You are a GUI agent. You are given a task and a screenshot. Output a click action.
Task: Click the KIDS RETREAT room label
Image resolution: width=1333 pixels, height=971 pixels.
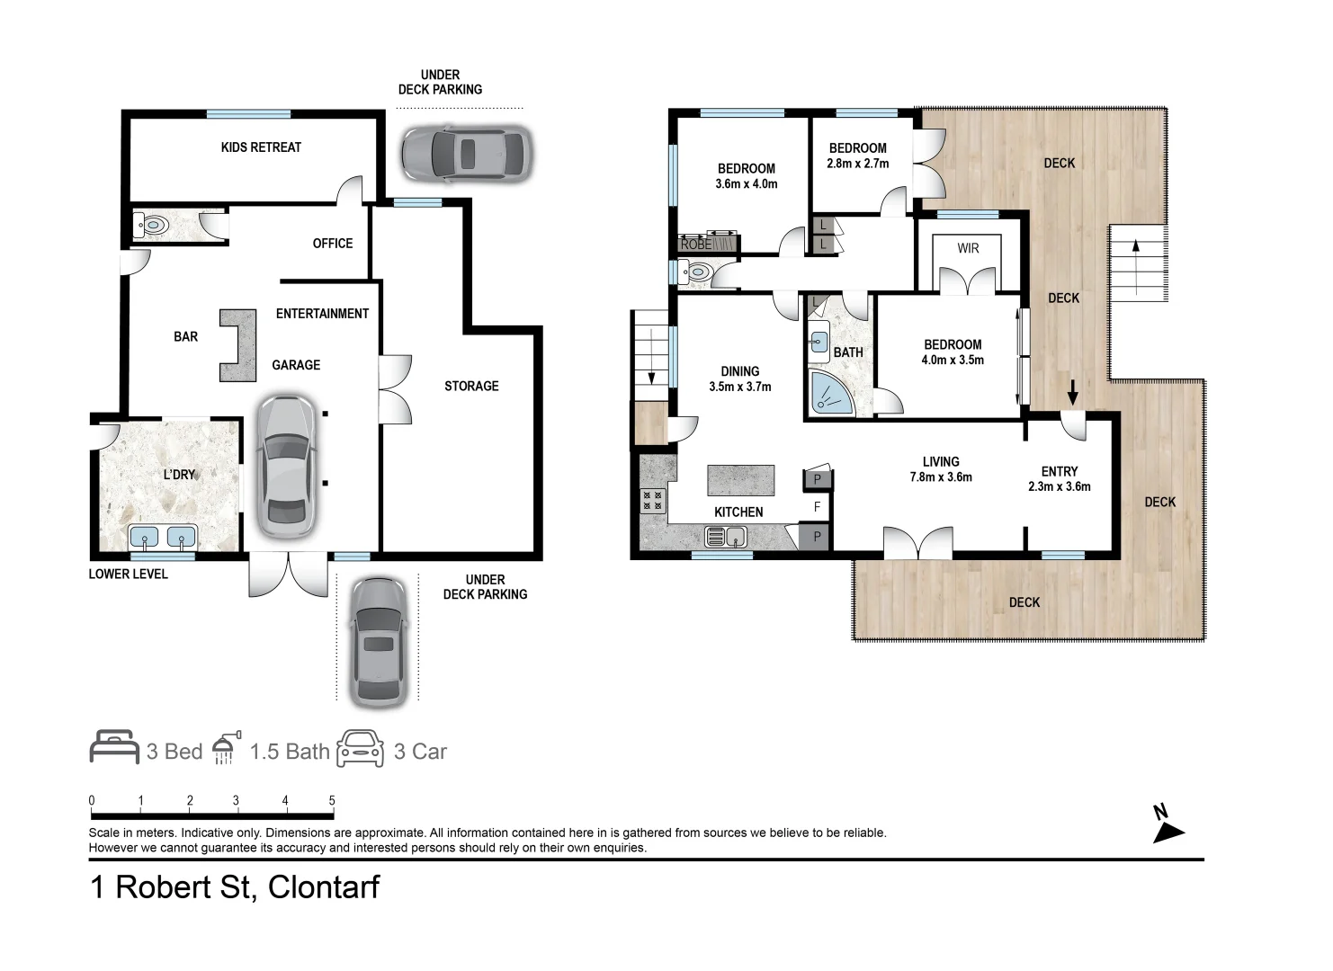(261, 147)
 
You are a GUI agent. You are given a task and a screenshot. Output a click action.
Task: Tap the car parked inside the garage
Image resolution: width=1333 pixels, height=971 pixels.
(286, 467)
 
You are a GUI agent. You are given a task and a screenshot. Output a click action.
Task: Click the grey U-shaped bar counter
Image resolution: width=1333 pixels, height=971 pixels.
(238, 345)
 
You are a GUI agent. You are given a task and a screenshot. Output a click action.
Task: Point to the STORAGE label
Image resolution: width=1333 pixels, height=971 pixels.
(471, 386)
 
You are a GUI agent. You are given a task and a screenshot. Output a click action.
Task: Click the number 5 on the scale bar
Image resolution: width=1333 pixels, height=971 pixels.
(332, 800)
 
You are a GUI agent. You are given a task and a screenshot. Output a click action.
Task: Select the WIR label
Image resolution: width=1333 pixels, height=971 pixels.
(968, 248)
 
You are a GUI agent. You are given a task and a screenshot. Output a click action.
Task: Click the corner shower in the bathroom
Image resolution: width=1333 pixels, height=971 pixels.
(831, 392)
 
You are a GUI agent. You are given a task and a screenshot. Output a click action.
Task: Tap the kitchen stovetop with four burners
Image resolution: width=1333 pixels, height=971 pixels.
(652, 501)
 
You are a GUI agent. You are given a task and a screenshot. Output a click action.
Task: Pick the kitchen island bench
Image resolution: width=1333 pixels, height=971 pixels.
(741, 480)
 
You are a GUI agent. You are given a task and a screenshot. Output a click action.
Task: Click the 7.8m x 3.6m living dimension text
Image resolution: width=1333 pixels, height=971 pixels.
(941, 477)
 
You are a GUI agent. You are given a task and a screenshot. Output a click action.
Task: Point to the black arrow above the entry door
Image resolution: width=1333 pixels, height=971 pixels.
(1072, 392)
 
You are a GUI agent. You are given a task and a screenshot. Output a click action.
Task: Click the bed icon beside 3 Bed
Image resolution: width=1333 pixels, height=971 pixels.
(114, 747)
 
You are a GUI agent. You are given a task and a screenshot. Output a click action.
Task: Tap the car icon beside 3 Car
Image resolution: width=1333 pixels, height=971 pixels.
(360, 748)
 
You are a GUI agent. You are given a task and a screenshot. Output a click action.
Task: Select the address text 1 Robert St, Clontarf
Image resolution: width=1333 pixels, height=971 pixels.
(235, 887)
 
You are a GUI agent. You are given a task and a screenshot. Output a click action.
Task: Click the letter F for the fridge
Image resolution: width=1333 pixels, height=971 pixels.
(817, 506)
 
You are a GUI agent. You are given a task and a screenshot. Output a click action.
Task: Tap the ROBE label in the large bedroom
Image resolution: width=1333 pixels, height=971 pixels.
(695, 244)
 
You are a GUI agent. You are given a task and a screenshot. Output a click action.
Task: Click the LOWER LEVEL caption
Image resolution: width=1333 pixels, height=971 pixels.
(128, 575)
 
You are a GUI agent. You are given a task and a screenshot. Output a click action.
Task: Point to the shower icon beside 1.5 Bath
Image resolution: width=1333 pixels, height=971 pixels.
(226, 747)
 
